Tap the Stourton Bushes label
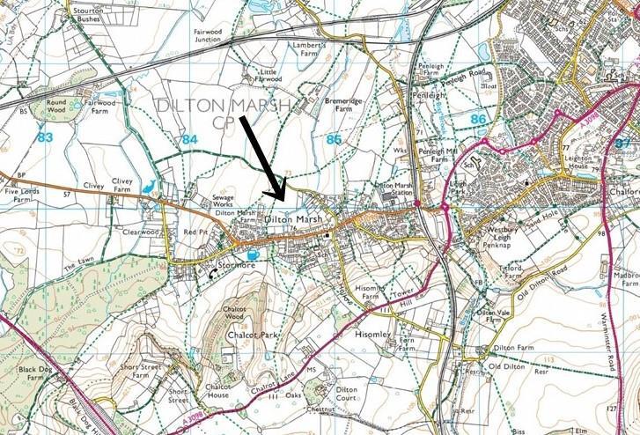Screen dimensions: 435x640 [x=86, y=11]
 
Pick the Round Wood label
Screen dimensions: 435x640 [x=56, y=107]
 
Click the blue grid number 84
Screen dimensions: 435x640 [x=191, y=138]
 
